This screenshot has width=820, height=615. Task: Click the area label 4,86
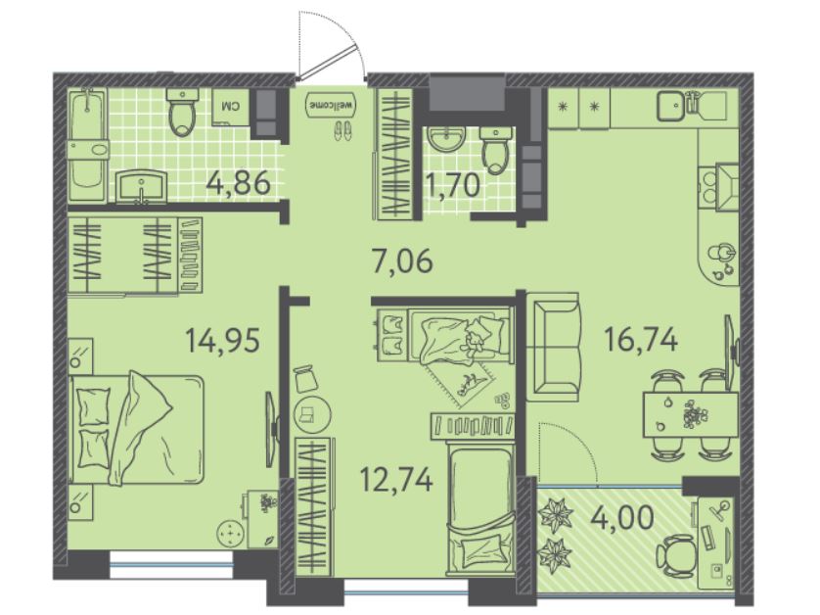[x=239, y=183]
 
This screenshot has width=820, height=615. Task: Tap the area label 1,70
[x=453, y=185]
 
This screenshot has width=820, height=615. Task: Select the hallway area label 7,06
[x=402, y=260]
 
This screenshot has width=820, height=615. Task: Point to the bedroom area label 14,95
[x=223, y=340]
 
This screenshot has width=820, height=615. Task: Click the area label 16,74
[x=641, y=339]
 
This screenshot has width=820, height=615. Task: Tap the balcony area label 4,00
[x=621, y=518]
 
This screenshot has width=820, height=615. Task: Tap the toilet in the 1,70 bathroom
[x=495, y=149]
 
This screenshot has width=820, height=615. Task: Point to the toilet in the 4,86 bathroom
[x=183, y=111]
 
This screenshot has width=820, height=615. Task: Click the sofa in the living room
[x=553, y=347]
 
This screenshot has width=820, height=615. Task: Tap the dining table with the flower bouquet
[x=690, y=414]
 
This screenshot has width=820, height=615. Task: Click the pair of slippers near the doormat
[x=342, y=130]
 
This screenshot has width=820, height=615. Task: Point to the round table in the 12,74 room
[x=312, y=414]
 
